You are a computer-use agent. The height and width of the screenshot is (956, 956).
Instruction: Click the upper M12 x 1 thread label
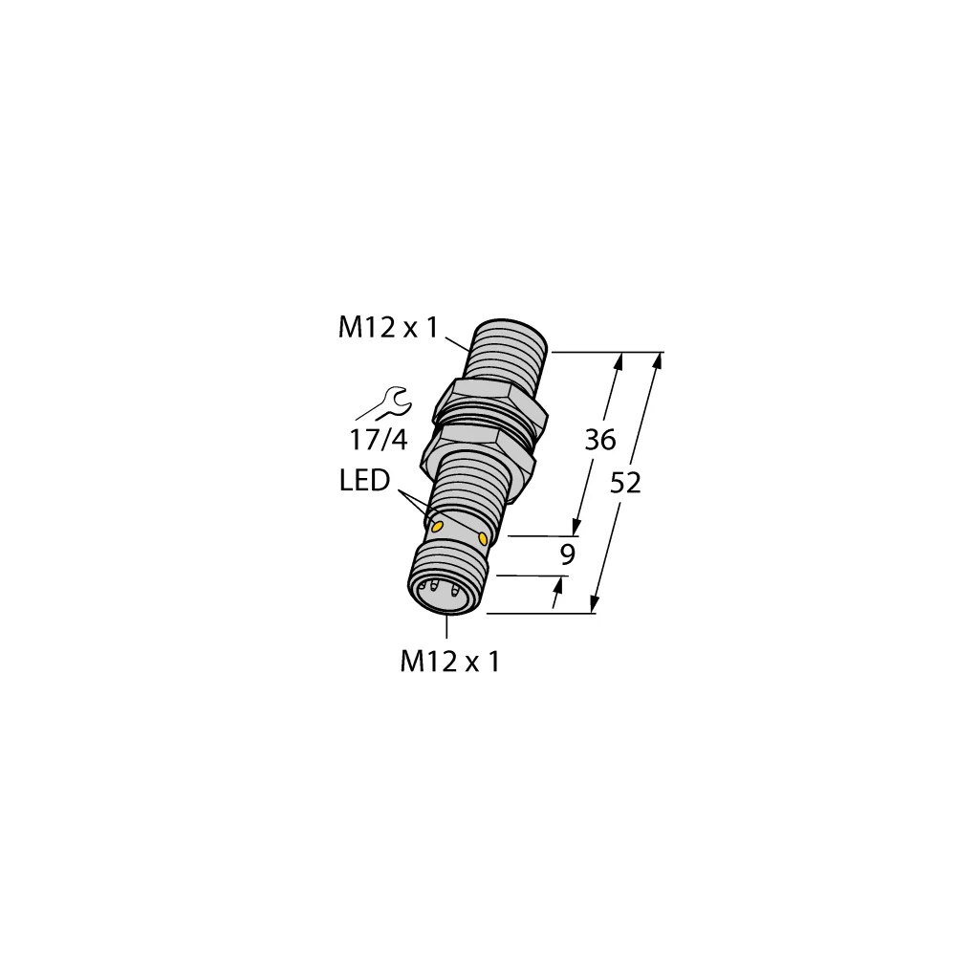point(386,329)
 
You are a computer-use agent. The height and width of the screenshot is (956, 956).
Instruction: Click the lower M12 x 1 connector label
point(449,662)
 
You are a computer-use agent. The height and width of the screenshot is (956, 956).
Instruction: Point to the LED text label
point(364,482)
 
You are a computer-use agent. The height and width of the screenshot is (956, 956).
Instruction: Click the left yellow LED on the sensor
point(438,527)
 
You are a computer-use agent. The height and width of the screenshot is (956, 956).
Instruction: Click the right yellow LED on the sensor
point(483,540)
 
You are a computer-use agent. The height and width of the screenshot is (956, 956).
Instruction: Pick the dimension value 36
point(599,441)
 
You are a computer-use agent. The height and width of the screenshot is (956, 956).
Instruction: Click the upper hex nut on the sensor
point(490,404)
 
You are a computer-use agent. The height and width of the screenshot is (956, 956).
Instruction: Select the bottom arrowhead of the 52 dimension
point(595,604)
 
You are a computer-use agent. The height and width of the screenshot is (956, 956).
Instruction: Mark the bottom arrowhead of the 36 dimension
point(576,528)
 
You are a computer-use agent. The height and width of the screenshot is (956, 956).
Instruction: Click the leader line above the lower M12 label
point(447,628)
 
